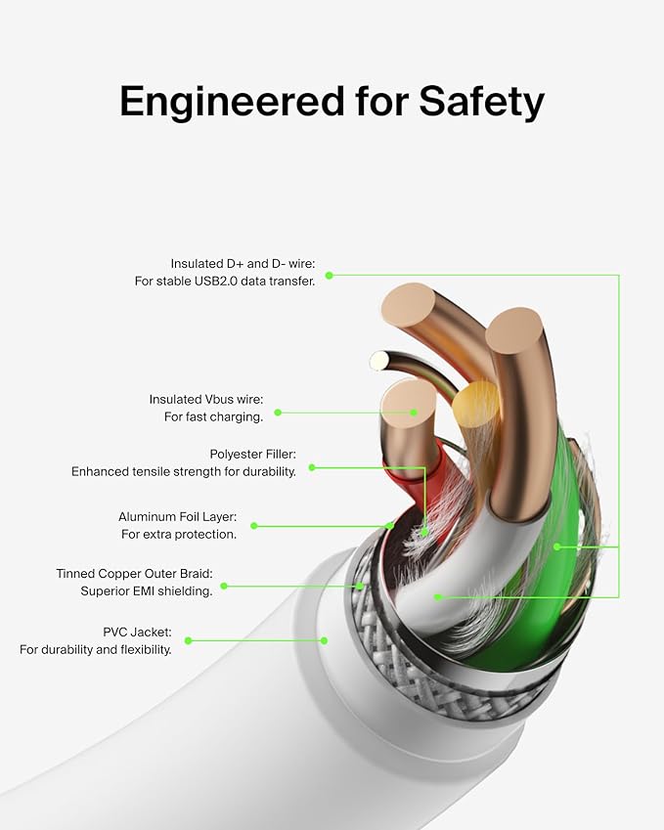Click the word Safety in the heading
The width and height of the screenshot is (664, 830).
pos(481,102)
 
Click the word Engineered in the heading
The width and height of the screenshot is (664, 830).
pos(232,101)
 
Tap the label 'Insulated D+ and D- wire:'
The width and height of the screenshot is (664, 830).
pos(243,264)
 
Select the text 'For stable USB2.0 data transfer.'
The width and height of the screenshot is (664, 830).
pos(225,282)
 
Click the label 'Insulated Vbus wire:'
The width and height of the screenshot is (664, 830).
pos(206,399)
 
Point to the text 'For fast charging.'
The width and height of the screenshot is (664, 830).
pos(213,417)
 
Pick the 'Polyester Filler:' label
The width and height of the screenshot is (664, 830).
pos(252,455)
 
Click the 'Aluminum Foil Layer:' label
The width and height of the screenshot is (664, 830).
pos(177,516)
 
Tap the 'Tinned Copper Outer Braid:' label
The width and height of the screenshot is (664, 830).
pos(135,574)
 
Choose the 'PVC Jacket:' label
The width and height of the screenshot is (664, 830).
pos(137,632)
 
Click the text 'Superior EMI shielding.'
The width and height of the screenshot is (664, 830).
pos(147,591)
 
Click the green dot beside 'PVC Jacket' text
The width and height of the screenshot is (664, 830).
pos(188,640)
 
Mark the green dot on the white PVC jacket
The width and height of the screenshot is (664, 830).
pos(324,640)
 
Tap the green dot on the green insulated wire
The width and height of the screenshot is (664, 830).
pos(557,546)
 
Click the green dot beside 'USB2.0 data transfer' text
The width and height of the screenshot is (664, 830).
pos(329,276)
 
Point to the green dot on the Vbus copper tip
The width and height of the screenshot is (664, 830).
pos(414,413)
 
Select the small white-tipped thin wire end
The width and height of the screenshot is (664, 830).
pos(378,361)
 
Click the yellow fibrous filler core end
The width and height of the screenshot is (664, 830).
pos(475,405)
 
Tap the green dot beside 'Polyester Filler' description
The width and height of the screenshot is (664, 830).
pos(312,467)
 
